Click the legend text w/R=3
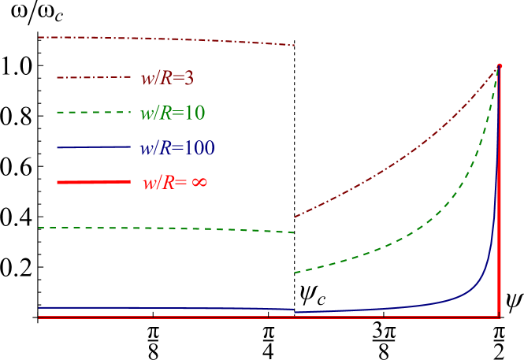tap(167, 78)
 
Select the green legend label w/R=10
tap(173, 113)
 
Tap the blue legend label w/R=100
tap(177, 147)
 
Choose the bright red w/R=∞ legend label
tap(175, 182)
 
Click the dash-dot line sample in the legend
tap(93, 77)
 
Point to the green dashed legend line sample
tap(93, 113)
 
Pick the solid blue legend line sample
tap(93, 147)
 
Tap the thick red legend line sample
tap(93, 182)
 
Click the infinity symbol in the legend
tap(199, 182)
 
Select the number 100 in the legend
tap(199, 147)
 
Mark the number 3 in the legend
tap(189, 78)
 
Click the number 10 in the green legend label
tap(195, 113)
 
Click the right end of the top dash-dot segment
tap(294, 45)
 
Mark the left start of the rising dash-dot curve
tap(295, 217)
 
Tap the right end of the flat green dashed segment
tap(294, 232)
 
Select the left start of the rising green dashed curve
tap(295, 273)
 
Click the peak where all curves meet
tap(500, 65)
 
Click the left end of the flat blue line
tap(39, 307)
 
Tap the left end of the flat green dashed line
tap(39, 228)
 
